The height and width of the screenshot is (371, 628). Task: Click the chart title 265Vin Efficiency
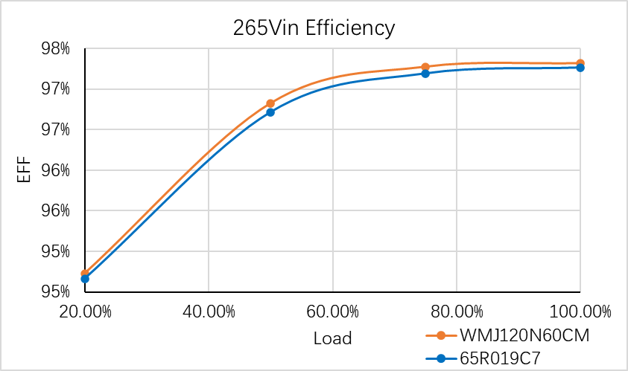(x=314, y=28)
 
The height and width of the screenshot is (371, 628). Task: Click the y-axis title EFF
(x=24, y=170)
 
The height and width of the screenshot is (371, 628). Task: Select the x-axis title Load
(x=332, y=338)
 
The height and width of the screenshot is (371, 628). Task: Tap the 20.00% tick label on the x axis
(x=85, y=311)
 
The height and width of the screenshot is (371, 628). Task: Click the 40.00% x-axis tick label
(x=209, y=311)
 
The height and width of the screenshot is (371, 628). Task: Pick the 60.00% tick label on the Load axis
(x=332, y=311)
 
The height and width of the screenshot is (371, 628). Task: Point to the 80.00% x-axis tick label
(x=456, y=311)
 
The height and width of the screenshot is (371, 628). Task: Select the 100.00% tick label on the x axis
(x=580, y=311)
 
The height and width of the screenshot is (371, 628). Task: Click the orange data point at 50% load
(x=270, y=103)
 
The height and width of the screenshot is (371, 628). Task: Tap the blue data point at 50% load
(x=270, y=112)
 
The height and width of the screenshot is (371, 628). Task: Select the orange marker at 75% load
(x=425, y=68)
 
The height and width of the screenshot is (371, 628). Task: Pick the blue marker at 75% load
(x=425, y=74)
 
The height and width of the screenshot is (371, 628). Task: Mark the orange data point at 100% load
(x=580, y=63)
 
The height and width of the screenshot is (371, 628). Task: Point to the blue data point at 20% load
(x=85, y=279)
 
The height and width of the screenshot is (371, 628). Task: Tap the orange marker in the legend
(x=441, y=336)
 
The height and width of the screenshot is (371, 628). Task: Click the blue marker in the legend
(x=441, y=358)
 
